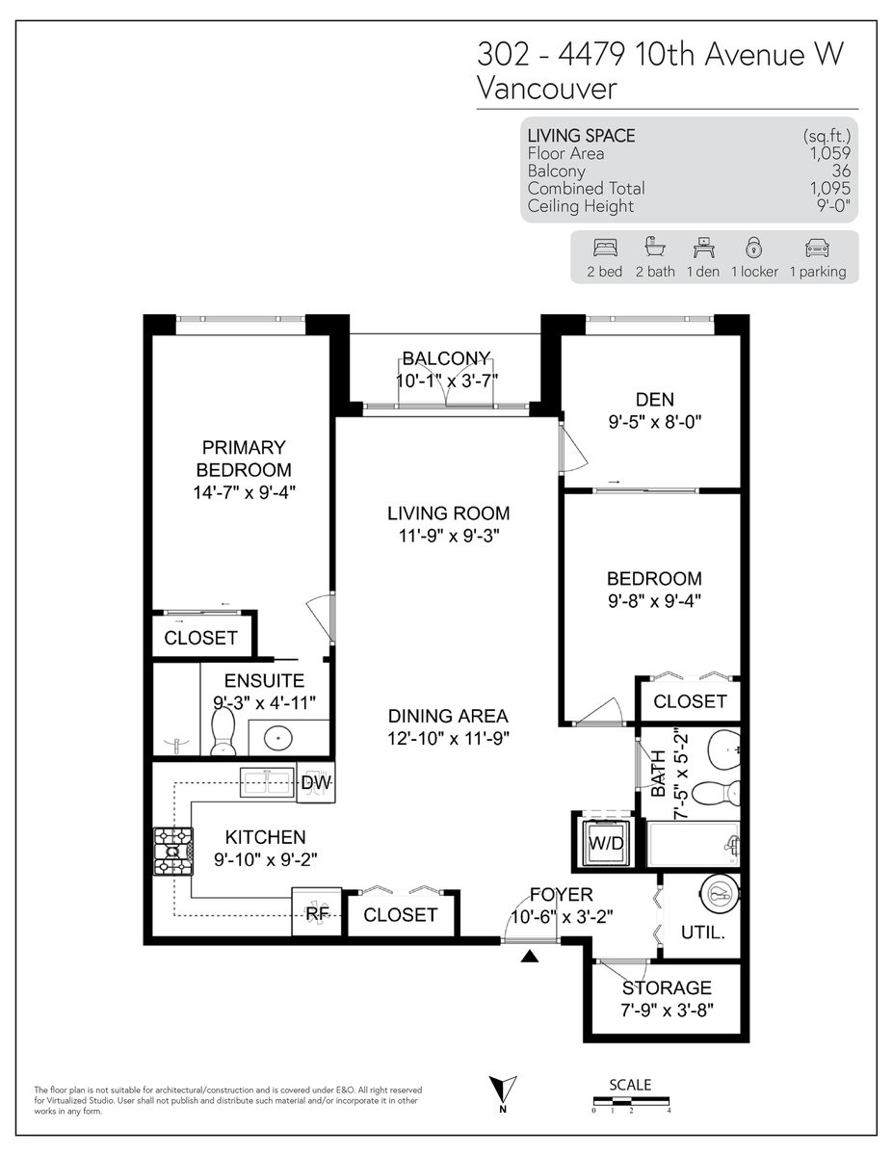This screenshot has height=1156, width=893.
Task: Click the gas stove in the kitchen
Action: tap(173, 852)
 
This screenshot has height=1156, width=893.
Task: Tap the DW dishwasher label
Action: tap(316, 782)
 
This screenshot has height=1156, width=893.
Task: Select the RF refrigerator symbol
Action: tap(317, 913)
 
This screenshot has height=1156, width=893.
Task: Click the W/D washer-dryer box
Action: tap(606, 843)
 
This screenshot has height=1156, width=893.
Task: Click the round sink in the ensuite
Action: tap(277, 739)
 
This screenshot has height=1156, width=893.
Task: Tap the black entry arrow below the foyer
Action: tap(530, 957)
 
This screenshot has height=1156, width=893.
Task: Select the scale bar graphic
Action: tap(631, 1101)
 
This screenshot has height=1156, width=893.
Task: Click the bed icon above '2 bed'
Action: tap(605, 248)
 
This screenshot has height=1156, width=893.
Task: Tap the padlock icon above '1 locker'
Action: tap(754, 248)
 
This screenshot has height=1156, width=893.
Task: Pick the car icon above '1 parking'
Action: tap(817, 248)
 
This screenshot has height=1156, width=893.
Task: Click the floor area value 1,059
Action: tap(829, 153)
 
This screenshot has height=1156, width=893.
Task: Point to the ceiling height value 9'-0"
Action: tap(833, 205)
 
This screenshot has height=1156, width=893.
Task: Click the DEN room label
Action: tap(655, 400)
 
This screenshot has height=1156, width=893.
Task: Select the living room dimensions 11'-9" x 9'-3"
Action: tap(449, 536)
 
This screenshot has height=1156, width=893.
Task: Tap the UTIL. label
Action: tap(702, 933)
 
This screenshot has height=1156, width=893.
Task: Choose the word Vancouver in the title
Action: tap(547, 89)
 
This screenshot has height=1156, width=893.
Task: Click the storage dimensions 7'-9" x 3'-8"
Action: tap(667, 1010)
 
